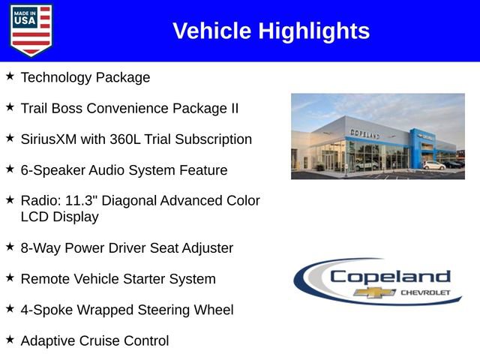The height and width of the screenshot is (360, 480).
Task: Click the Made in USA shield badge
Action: [31, 30]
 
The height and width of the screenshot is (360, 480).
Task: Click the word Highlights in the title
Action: [314, 31]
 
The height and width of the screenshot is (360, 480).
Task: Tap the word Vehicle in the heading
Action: [212, 31]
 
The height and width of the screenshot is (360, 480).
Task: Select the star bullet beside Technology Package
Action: [10, 76]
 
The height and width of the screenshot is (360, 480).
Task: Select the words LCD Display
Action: [60, 217]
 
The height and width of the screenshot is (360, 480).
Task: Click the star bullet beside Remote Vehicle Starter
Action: [10, 277]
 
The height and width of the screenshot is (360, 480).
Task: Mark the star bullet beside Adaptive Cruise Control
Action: [10, 339]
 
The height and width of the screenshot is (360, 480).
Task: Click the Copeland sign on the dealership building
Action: [365, 133]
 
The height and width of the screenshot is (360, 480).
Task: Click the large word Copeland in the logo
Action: [390, 276]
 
